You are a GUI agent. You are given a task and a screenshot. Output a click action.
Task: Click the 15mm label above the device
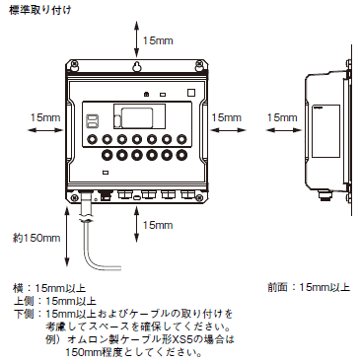coord(159,40)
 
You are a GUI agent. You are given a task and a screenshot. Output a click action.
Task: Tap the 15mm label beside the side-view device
coord(281,116)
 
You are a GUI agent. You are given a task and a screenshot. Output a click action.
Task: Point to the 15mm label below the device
coord(159,225)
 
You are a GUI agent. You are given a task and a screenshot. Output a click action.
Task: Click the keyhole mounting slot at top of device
coord(137,67)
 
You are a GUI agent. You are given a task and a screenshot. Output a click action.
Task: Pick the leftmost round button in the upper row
coord(103,139)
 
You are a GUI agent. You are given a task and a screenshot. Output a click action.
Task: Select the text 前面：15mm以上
coord(309,288)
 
